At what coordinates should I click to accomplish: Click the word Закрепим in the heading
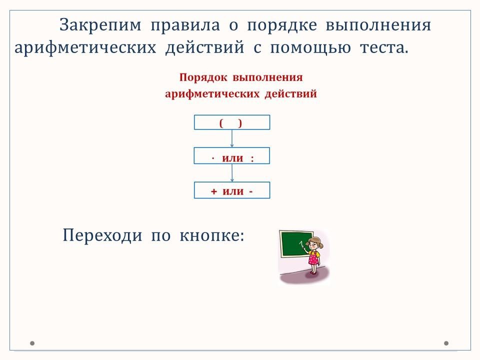point(100,25)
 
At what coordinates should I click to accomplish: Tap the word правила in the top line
point(185,25)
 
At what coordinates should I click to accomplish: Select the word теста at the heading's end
point(384,48)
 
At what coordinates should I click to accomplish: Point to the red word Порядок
point(203,77)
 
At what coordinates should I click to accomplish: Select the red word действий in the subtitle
point(291,93)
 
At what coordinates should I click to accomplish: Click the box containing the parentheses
point(232,122)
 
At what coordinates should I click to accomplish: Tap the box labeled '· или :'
point(232,156)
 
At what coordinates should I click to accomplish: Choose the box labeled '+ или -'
point(232,190)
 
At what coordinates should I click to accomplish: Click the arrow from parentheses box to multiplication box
point(231,138)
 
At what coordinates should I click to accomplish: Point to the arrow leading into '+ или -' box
point(231,173)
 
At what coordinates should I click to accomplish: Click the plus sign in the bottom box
point(213,191)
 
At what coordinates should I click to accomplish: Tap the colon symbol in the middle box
point(252,159)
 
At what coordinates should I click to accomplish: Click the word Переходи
point(102,235)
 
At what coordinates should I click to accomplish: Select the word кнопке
point(212,235)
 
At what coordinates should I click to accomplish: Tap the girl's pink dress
point(313,258)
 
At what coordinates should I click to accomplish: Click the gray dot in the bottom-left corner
point(32,343)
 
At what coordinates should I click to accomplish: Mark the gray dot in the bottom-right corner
point(446,343)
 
